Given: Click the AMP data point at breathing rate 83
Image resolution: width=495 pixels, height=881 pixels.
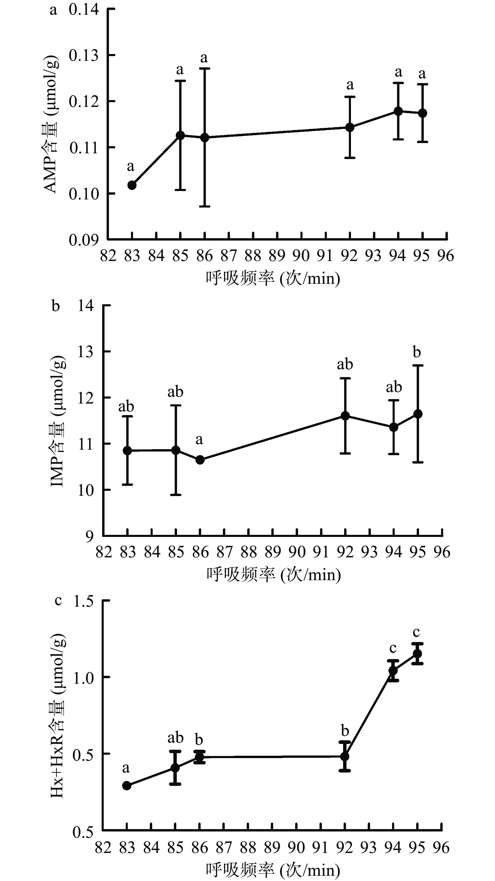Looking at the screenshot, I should (132, 185).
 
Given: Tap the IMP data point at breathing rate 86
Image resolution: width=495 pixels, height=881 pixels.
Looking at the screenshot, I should (200, 460).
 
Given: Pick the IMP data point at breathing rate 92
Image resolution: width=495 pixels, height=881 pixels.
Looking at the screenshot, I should (345, 416).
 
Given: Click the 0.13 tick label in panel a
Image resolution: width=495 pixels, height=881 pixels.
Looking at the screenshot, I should (84, 55).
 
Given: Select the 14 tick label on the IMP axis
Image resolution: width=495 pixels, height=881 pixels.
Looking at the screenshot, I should (85, 305).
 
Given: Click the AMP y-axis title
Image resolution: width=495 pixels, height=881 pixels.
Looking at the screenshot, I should (51, 125).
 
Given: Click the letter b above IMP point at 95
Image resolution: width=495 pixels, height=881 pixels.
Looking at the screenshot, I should (417, 352).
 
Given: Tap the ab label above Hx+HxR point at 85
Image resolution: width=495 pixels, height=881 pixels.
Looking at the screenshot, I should (175, 738).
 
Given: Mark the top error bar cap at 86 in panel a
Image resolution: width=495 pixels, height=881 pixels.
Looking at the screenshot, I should (205, 68).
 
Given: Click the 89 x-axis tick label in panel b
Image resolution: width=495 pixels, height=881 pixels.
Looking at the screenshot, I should (273, 552).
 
